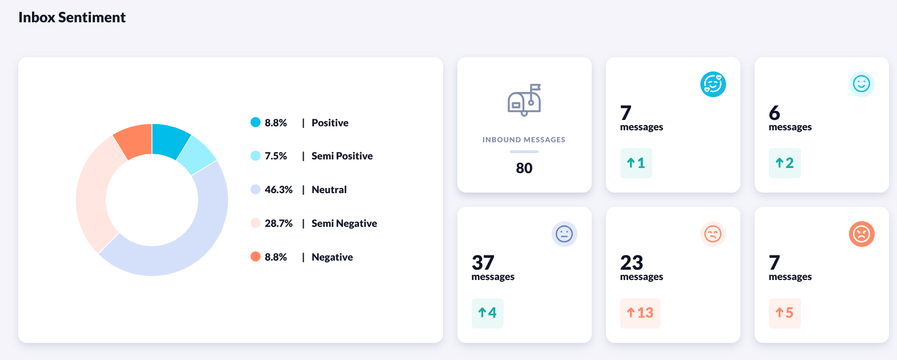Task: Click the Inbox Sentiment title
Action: (72, 18)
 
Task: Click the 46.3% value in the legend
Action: (278, 190)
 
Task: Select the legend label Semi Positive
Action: (342, 156)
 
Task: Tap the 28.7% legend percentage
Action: (278, 223)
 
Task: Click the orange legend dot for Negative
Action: (256, 257)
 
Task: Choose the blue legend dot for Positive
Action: (256, 122)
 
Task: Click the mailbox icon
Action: (524, 100)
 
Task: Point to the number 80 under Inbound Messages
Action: (524, 168)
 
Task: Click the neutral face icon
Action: (564, 234)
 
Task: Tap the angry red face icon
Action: (862, 234)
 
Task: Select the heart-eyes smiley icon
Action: (713, 85)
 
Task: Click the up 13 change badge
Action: (640, 313)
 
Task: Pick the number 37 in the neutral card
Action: (483, 262)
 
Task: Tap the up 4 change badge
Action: (488, 313)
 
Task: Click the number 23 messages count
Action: (632, 262)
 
